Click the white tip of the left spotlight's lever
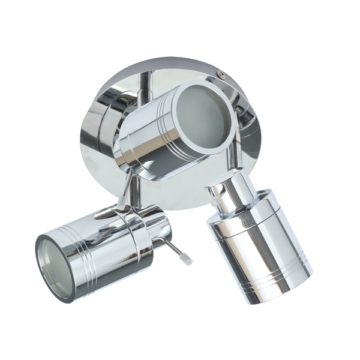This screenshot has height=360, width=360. point(188,262)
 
